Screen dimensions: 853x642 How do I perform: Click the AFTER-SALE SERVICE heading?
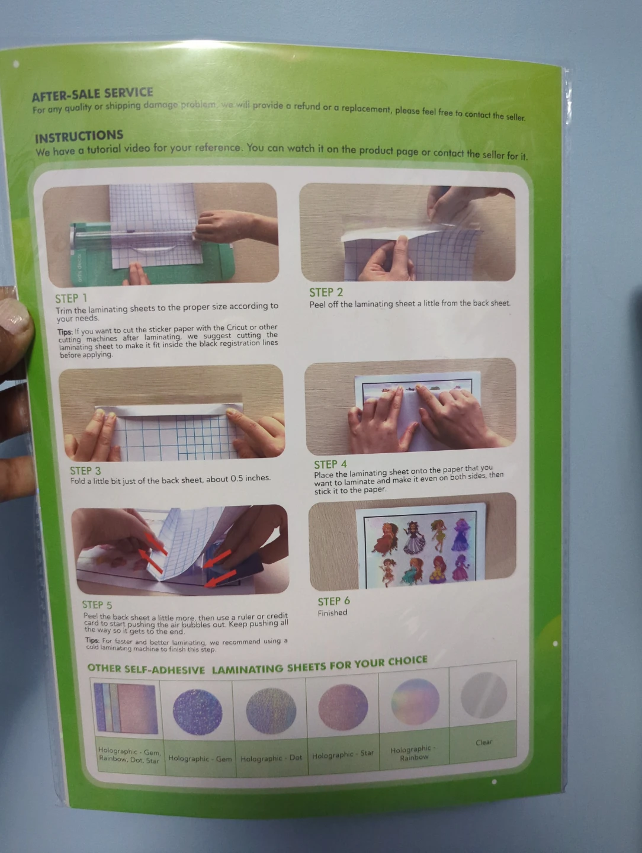click(92, 94)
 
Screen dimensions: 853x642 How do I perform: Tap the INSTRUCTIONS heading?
click(79, 137)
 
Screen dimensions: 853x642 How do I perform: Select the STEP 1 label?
click(71, 299)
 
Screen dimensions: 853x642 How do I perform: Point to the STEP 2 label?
click(326, 292)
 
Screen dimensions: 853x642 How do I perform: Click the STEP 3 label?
click(85, 471)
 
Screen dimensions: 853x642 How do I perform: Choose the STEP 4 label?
click(330, 464)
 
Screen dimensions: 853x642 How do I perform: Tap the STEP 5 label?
click(97, 605)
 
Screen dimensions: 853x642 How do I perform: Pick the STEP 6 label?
click(333, 601)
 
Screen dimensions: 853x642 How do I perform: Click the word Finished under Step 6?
click(332, 613)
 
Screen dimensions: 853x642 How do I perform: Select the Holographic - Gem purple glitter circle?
click(197, 711)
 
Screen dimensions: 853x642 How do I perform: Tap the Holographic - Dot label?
click(271, 758)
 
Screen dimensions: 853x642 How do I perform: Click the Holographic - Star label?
click(343, 754)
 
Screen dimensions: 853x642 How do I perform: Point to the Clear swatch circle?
click(484, 695)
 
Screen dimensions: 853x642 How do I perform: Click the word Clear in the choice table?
click(484, 742)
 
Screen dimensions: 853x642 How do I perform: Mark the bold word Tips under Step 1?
click(65, 332)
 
